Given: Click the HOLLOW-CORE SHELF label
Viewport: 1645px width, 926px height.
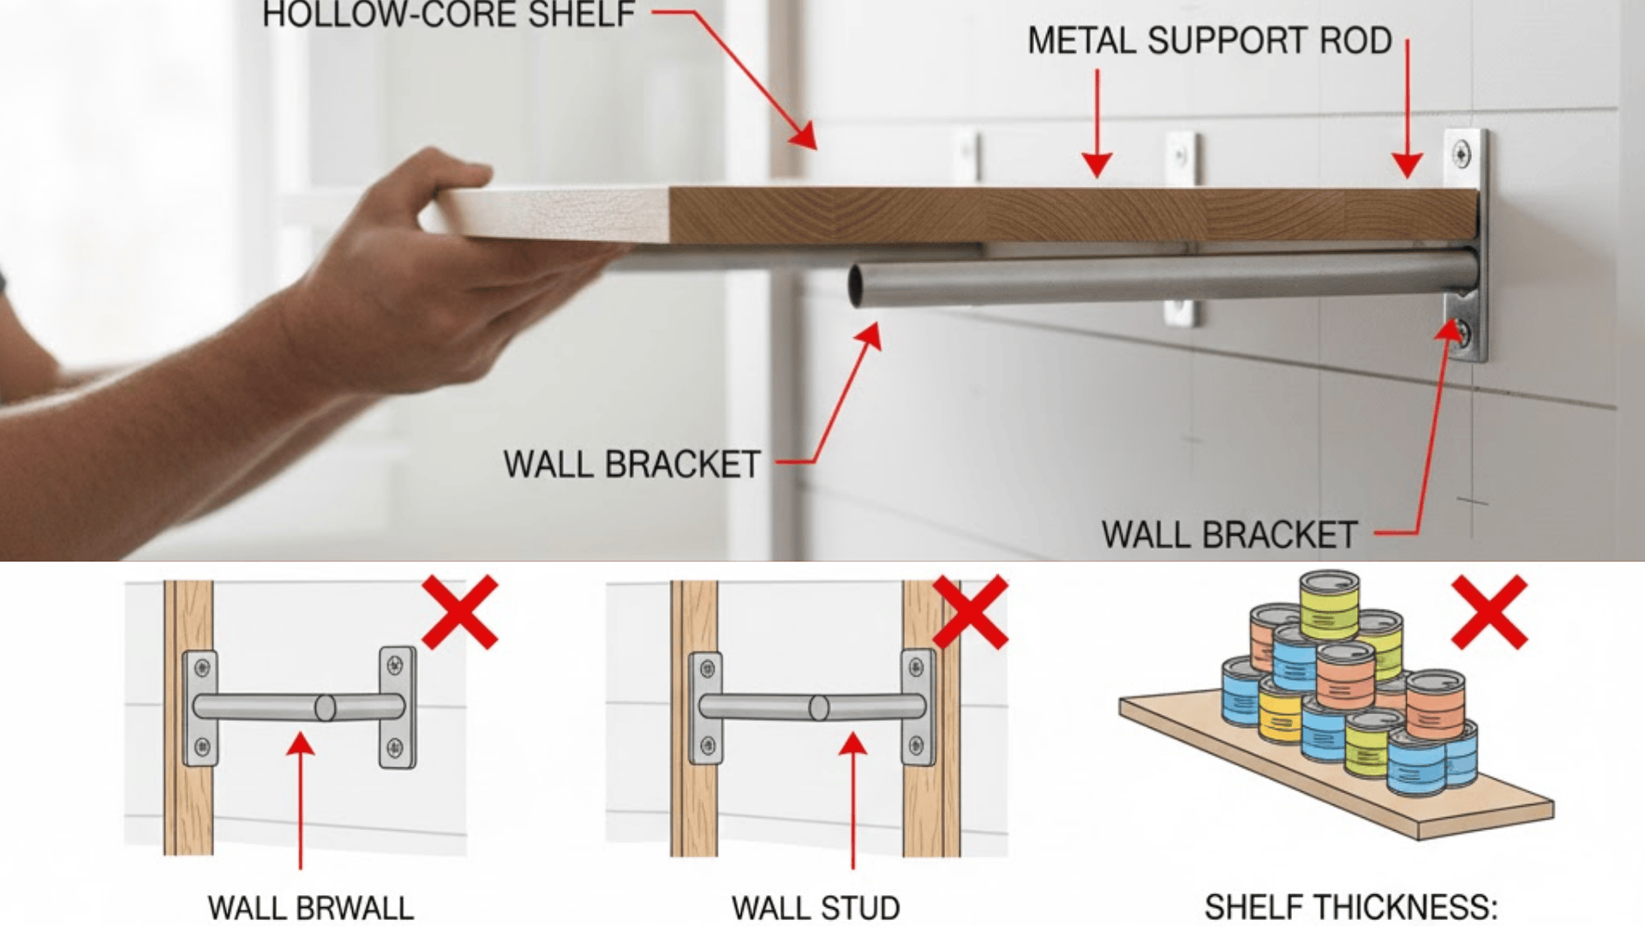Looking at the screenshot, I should point(448,15).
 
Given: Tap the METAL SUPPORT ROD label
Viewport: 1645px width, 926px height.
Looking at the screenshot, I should point(1209,41).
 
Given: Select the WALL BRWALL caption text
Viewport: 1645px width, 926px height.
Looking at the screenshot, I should point(310,907).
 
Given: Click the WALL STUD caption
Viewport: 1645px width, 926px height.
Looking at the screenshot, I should point(815,907).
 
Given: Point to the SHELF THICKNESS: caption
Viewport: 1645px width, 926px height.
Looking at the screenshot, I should point(1350,907).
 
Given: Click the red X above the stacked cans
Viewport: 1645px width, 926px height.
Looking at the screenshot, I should point(1489,611).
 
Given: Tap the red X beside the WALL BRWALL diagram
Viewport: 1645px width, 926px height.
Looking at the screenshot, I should point(460,611).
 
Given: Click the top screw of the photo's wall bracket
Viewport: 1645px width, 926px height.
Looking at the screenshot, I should point(1462,155).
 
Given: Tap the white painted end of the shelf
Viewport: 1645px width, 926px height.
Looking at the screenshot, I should point(557,214).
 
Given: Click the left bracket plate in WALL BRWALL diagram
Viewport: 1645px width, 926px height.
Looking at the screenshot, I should point(200,708).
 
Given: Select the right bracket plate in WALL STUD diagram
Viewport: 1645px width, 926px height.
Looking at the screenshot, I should point(918,708).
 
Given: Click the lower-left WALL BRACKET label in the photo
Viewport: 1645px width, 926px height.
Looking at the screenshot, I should point(631,465).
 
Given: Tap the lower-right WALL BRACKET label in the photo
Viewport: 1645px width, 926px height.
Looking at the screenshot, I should point(1229,535).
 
